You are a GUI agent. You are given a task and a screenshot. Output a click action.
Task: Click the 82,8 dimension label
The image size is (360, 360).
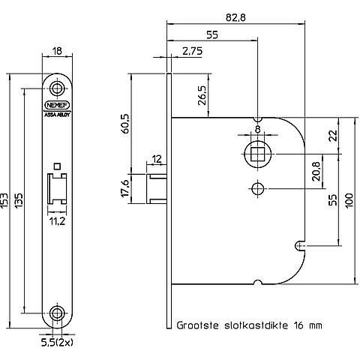point(235,17)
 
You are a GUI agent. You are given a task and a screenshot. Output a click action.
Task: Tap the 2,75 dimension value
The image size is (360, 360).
point(192,51)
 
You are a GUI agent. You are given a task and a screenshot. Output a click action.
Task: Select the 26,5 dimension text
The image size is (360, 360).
point(202,95)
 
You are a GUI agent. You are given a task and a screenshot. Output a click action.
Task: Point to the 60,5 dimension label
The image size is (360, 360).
point(125,124)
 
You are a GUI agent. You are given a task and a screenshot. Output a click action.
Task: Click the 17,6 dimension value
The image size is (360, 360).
point(125,188)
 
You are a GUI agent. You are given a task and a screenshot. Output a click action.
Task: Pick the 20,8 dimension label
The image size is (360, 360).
point(316,171)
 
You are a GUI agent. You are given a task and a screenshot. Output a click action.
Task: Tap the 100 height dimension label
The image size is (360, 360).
point(349,200)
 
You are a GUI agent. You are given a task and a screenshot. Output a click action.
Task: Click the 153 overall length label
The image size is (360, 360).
point(4,200)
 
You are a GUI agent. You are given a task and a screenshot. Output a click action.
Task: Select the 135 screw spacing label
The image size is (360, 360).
point(19,200)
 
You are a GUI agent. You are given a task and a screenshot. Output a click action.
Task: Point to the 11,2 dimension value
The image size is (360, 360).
point(57,221)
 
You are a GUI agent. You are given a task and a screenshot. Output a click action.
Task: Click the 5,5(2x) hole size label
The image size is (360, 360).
point(58,343)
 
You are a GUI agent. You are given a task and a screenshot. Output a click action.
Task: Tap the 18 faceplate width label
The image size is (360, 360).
point(58,51)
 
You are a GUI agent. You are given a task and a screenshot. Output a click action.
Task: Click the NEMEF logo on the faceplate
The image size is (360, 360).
point(57,105)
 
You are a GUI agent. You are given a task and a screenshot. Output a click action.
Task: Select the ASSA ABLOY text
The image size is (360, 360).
point(57,115)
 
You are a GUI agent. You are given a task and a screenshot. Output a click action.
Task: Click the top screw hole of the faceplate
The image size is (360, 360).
point(57,88)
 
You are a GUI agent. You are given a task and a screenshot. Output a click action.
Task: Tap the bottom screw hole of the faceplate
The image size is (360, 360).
point(57,313)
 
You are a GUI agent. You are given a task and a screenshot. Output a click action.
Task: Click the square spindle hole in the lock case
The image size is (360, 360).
point(257,154)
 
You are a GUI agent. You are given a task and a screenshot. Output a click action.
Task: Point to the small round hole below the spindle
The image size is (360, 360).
point(257,188)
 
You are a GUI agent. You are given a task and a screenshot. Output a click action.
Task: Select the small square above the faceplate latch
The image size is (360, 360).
point(57,166)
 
